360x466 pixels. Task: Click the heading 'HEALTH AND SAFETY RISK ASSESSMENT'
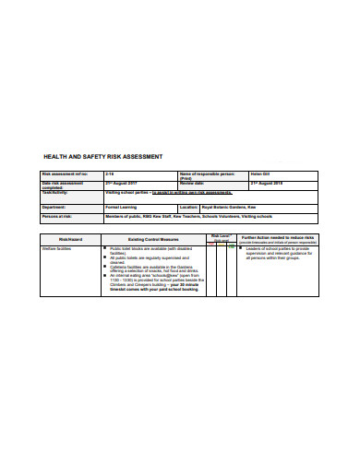[103, 156]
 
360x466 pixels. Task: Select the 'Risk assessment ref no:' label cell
[66, 173]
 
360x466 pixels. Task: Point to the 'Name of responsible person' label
[208, 173]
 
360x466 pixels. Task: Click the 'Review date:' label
[194, 183]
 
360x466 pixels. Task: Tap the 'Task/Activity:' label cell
[57, 192]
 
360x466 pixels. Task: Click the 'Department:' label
[55, 208]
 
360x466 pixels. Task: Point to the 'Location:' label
[189, 208]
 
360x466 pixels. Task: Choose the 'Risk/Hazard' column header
[72, 239]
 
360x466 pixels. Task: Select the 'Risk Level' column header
[221, 237]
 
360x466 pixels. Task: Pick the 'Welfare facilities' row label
[61, 249]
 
